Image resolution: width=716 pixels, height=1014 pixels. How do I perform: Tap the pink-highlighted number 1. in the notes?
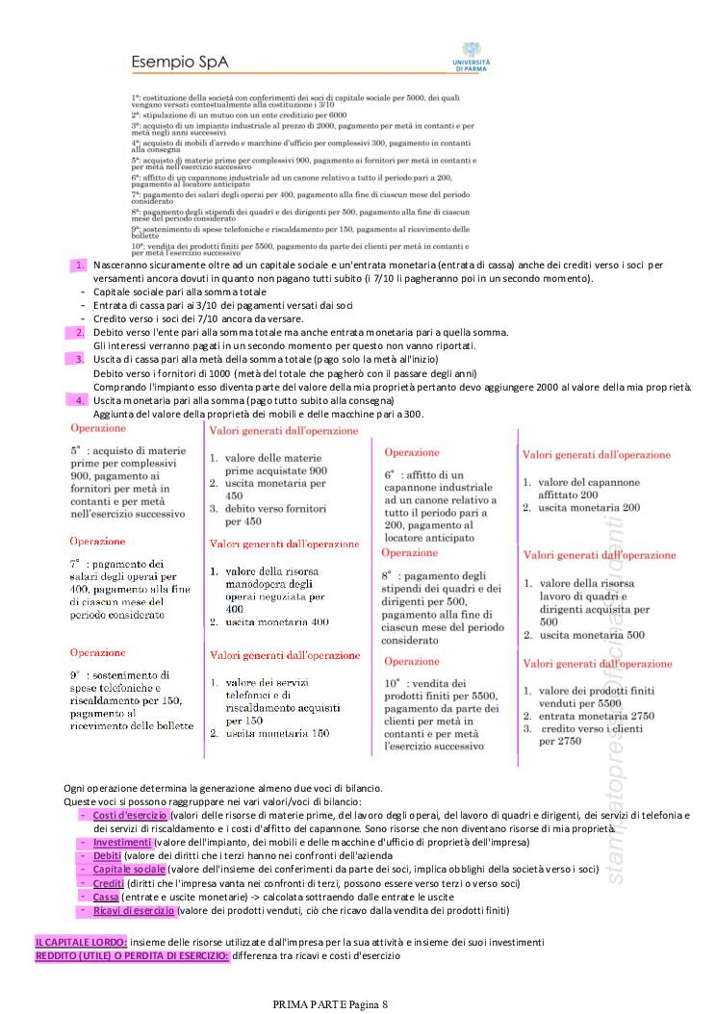pos(80,265)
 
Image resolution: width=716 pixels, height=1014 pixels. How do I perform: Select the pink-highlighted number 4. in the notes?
pos(80,399)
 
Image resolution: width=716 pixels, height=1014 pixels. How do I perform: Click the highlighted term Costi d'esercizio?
pos(130,816)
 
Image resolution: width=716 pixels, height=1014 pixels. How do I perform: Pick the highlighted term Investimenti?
pos(122,843)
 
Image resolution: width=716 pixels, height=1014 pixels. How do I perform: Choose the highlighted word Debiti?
pos(107,856)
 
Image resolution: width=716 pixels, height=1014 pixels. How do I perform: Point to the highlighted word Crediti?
pos(108,883)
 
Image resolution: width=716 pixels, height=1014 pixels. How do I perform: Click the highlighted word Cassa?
pos(106,897)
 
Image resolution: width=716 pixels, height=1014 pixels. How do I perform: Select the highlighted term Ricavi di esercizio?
pos(134,910)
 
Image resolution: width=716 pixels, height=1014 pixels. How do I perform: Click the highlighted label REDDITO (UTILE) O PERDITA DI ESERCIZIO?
pos(132,955)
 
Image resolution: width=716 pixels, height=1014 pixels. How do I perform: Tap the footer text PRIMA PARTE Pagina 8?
pos(330,1004)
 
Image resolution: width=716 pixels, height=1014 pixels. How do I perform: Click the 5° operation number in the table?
pos(75,449)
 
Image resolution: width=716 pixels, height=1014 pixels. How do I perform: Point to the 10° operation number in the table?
pos(392,656)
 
